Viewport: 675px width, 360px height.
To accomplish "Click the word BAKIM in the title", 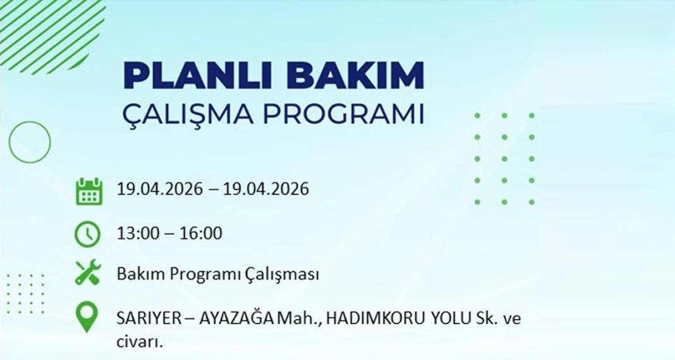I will (x=355, y=76).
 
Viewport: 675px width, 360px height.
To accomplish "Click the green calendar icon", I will (x=88, y=191).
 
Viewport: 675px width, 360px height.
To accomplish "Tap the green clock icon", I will (x=87, y=234).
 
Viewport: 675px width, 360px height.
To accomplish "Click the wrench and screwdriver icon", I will (x=88, y=273).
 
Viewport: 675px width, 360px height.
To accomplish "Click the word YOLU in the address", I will (x=447, y=320).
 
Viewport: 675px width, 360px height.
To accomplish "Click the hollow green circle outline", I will (x=29, y=141).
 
